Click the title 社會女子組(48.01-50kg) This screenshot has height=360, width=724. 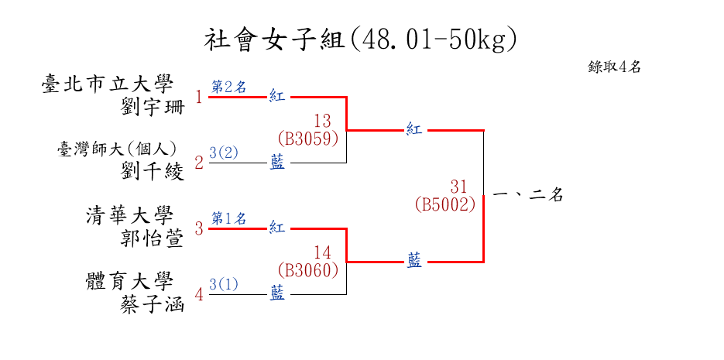[x=361, y=39]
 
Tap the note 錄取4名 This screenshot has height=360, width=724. [x=614, y=67]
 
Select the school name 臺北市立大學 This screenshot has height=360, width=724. [x=108, y=84]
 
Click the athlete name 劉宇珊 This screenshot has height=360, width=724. [x=153, y=106]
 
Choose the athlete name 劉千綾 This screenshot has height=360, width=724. [x=153, y=171]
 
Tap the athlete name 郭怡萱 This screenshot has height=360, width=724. [x=153, y=238]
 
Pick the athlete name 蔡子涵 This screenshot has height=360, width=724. [x=153, y=303]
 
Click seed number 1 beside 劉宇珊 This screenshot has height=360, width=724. [x=199, y=98]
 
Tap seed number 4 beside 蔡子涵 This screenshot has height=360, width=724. [x=199, y=295]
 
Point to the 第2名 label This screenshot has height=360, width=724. [x=228, y=87]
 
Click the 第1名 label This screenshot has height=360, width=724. [x=228, y=218]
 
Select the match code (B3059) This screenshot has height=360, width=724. [x=308, y=139]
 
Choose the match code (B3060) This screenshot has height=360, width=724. [x=308, y=270]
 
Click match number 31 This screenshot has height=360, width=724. [x=459, y=187]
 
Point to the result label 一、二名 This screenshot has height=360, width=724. [x=527, y=196]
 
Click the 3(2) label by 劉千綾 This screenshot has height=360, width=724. [x=224, y=153]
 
